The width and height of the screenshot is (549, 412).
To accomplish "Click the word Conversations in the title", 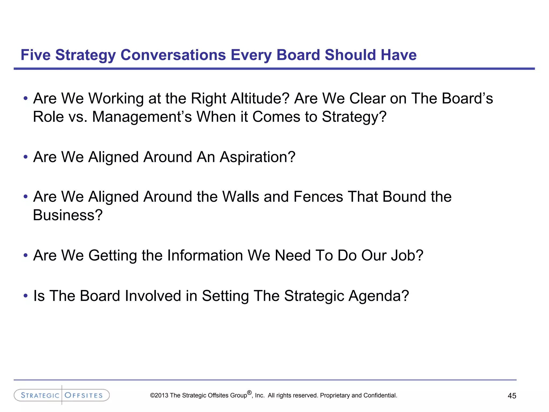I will (173, 55).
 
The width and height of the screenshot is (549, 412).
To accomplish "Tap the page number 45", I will (512, 396).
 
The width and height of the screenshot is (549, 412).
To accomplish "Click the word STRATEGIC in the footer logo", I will (40, 395).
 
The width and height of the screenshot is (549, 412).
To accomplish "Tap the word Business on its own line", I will (68, 215).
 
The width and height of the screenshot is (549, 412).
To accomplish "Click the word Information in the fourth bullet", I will (205, 255).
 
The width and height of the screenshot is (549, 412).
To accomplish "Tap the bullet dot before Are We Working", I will (25, 98).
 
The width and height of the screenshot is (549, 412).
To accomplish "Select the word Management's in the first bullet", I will (142, 117).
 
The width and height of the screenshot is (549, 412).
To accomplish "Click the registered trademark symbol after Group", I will (249, 393).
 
